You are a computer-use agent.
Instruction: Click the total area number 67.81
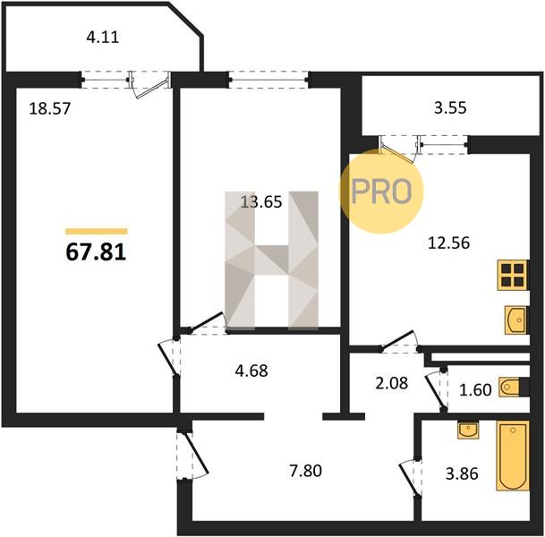point(96,252)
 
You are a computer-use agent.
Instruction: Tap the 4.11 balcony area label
point(103,37)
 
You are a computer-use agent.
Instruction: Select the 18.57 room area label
point(50,109)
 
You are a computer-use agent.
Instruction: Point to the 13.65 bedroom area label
point(261,202)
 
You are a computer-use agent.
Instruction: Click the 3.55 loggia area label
point(450,107)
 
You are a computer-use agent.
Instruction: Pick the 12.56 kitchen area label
point(448,243)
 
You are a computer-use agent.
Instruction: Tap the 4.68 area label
point(251,371)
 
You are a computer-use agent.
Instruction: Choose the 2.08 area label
point(392,383)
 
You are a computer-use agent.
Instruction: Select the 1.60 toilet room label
point(475,390)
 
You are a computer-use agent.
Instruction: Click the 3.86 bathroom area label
point(462,473)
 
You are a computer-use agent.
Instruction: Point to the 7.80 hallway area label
point(305,471)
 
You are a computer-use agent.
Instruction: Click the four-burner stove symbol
point(512,275)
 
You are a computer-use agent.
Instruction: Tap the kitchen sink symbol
point(516,320)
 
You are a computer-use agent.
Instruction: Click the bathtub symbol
point(513,456)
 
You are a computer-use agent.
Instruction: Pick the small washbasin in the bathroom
point(468,430)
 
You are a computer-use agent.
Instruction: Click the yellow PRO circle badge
point(381,192)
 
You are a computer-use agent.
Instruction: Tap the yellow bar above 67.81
point(97,232)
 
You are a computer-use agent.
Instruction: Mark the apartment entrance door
point(192,455)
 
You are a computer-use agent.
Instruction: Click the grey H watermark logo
point(272,260)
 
